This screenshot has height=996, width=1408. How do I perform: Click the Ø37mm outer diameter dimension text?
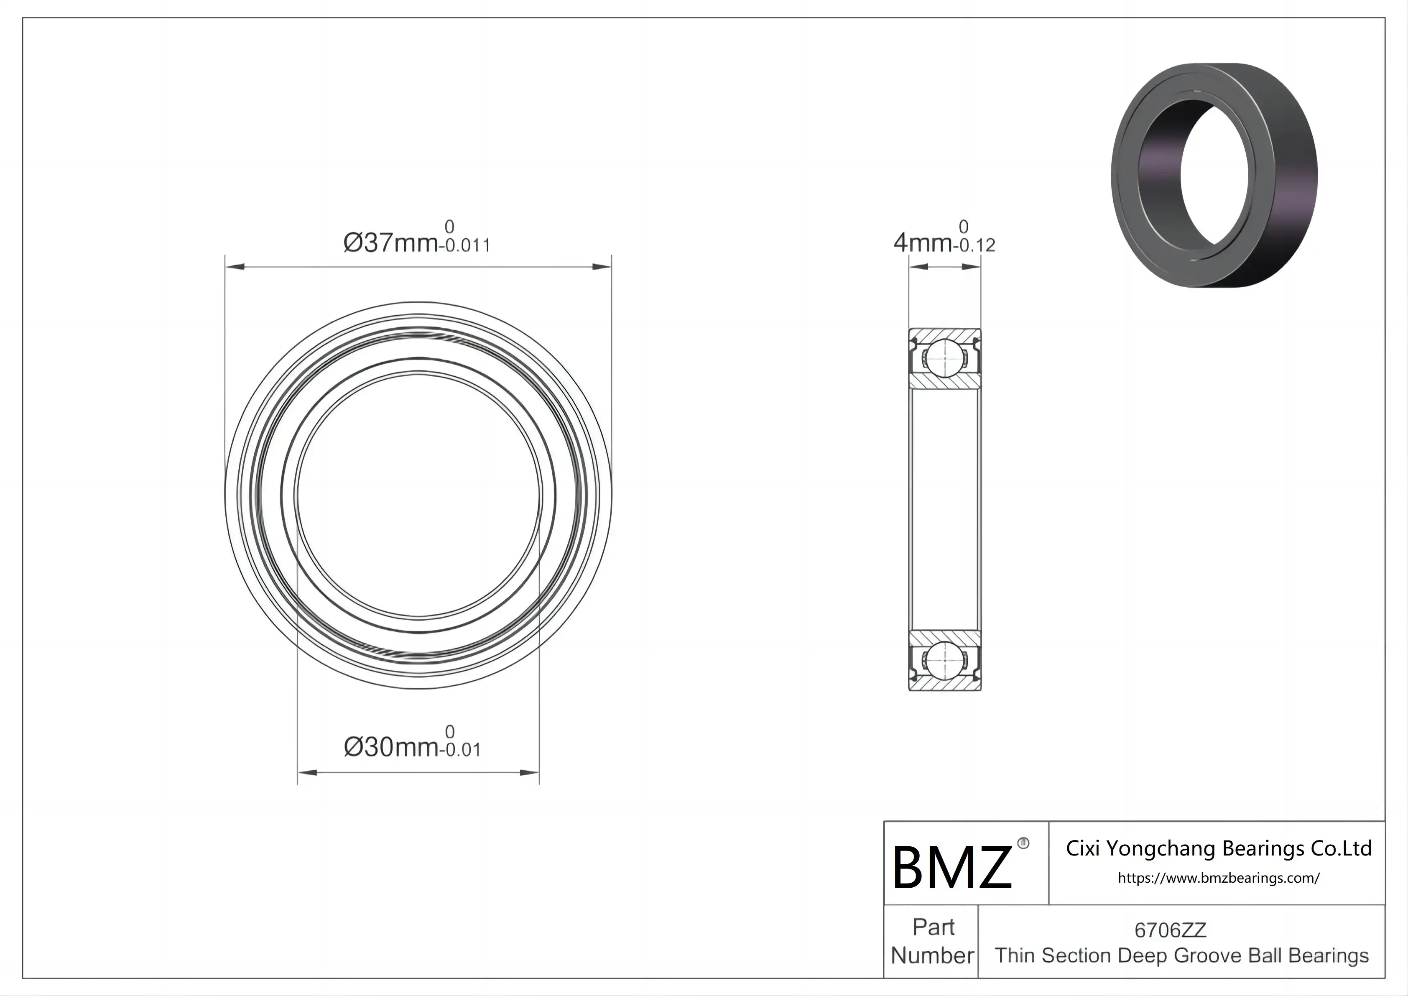[x=390, y=243]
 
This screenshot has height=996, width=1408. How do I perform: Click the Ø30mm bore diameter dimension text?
[x=390, y=747]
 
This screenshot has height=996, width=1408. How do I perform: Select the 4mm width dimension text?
[x=922, y=243]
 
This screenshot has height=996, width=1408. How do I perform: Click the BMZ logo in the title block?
[x=951, y=867]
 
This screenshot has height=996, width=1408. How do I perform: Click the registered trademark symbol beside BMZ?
[x=1023, y=843]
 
